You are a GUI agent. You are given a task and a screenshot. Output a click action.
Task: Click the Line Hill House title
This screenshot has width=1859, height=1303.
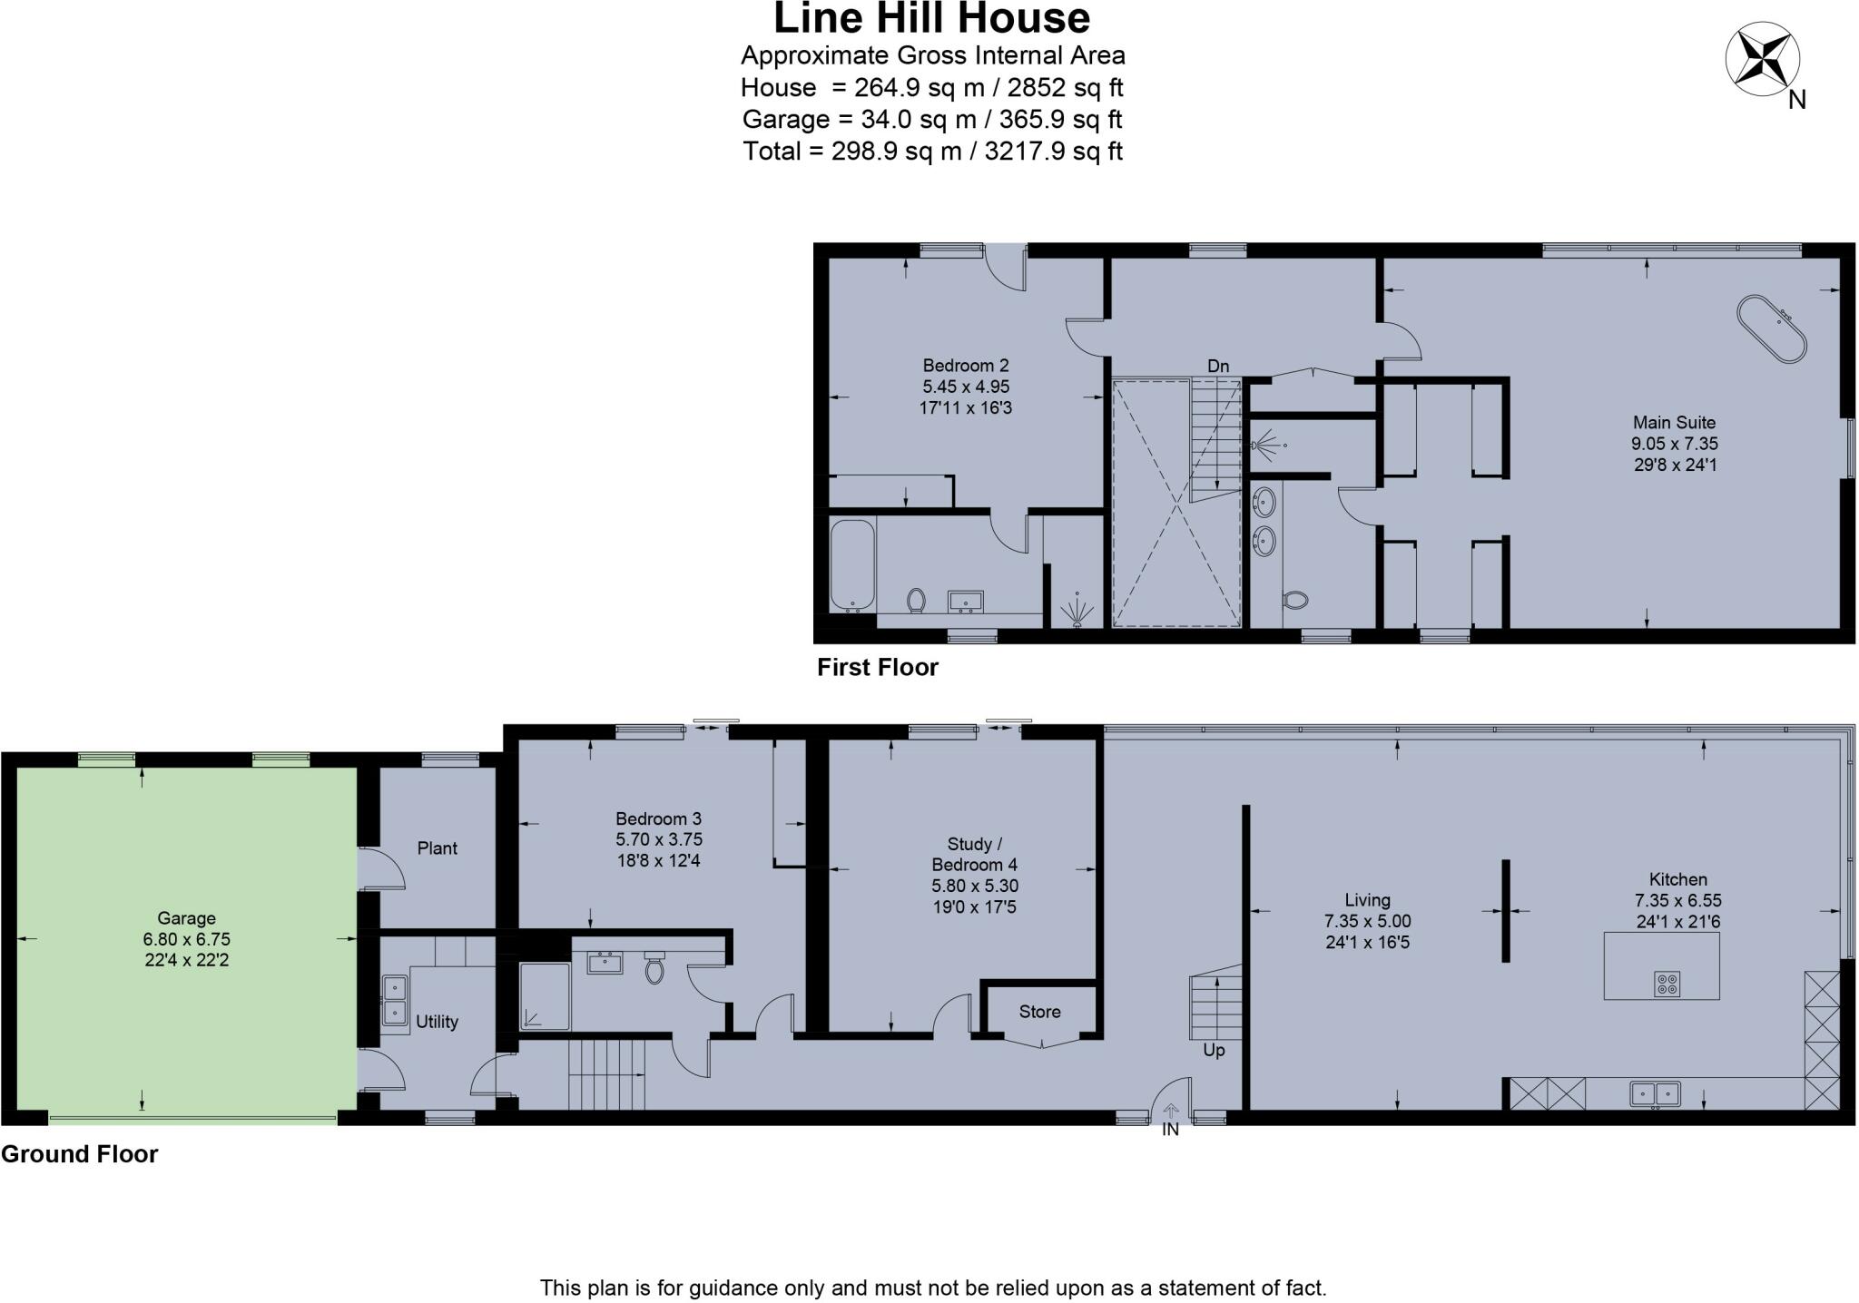click(x=931, y=18)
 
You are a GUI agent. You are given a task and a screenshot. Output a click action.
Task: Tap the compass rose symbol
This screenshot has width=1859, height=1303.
click(x=1762, y=59)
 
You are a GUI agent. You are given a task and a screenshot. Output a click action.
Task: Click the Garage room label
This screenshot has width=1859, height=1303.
click(x=186, y=918)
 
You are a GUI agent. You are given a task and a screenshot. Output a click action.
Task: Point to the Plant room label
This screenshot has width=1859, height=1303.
click(x=437, y=848)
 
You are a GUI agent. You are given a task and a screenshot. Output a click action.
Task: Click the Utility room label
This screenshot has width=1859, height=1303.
click(x=437, y=1022)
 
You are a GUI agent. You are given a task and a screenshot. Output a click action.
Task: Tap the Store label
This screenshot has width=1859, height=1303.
click(x=1039, y=1012)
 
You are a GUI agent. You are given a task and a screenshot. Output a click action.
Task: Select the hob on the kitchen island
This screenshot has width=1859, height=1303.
click(x=1667, y=984)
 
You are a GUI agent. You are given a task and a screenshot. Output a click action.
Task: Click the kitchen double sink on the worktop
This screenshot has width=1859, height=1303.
click(x=1655, y=1093)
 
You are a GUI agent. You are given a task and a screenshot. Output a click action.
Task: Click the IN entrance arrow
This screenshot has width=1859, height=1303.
click(x=1170, y=1111)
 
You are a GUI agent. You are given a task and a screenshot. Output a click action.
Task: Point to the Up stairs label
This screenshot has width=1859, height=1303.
click(x=1214, y=1050)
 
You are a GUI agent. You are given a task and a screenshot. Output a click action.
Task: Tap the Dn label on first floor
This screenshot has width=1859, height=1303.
click(x=1217, y=366)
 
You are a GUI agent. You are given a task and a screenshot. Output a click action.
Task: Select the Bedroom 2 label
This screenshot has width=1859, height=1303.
click(x=966, y=366)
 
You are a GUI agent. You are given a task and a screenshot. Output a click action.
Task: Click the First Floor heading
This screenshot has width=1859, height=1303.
click(x=877, y=668)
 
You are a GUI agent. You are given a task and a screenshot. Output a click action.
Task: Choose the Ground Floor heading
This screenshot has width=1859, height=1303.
click(x=80, y=1154)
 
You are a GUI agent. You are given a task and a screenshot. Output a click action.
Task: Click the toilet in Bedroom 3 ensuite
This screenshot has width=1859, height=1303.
click(x=654, y=968)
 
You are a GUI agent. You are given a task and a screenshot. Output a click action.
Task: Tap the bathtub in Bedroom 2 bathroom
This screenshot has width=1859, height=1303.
click(x=852, y=564)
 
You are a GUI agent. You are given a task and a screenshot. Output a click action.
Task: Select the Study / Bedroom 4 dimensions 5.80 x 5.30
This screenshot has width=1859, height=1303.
click(x=975, y=886)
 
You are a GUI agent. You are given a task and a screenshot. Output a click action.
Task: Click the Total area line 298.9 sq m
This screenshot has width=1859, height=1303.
click(x=932, y=151)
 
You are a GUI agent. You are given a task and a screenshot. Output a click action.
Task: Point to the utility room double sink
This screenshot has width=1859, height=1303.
click(x=394, y=999)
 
